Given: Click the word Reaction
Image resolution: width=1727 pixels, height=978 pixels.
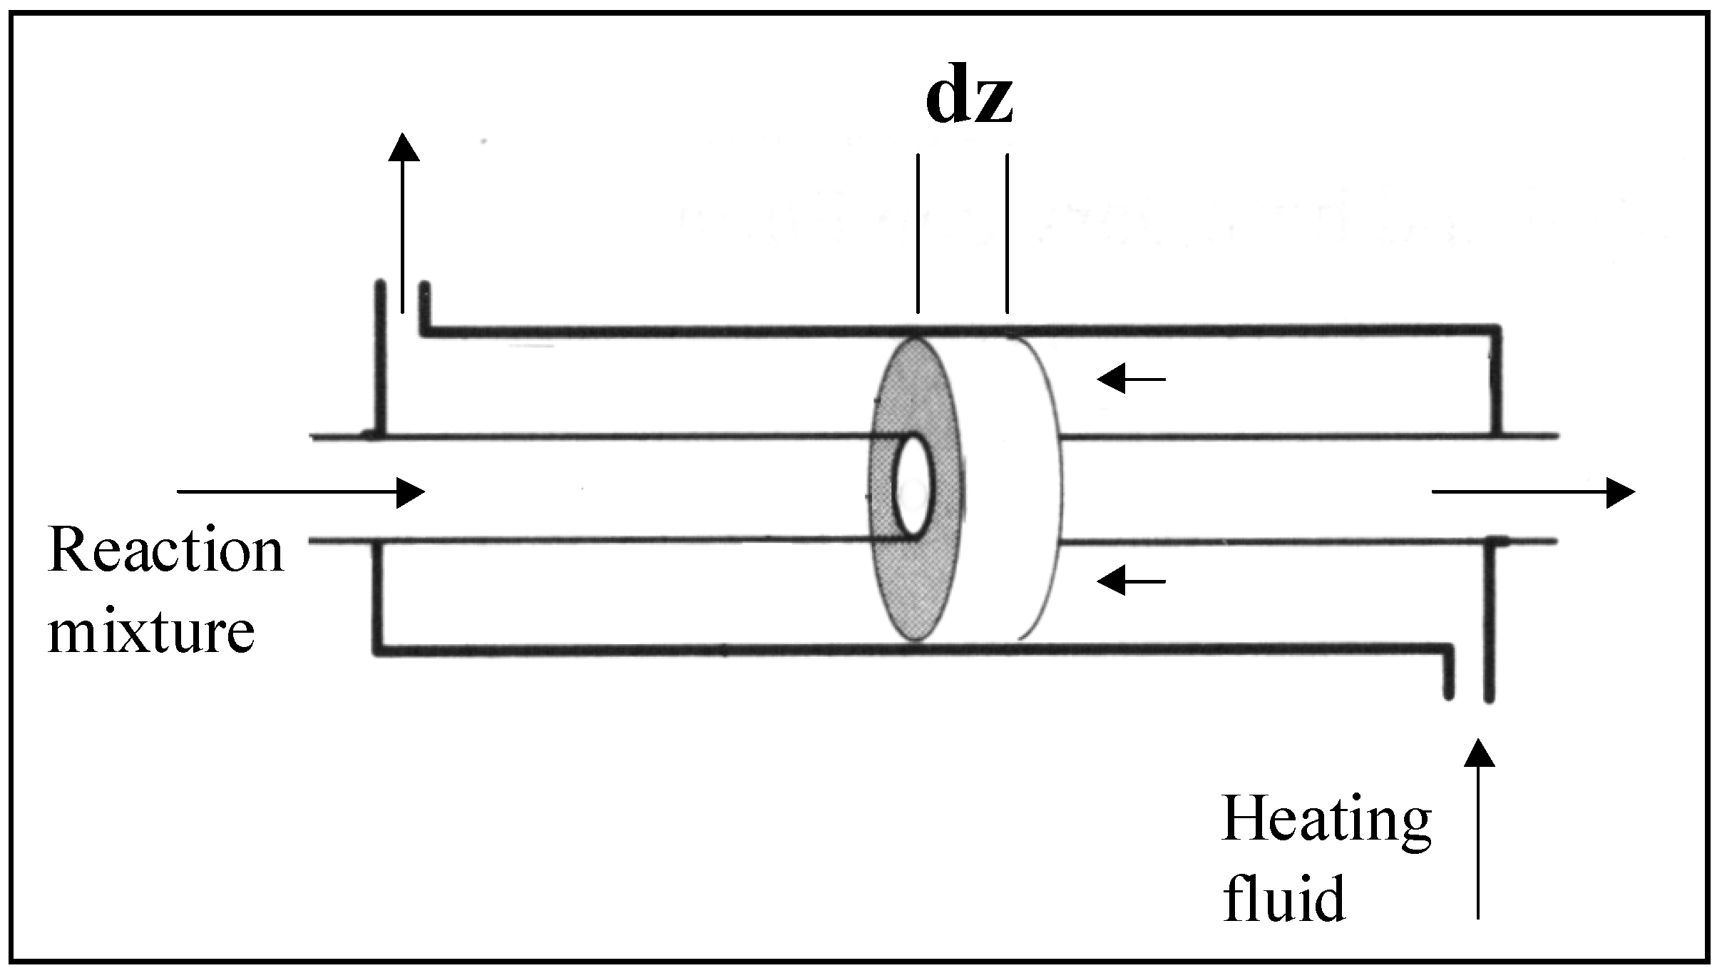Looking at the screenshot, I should (x=165, y=551).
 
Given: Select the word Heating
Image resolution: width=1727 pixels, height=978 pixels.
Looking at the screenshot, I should (x=1326, y=821).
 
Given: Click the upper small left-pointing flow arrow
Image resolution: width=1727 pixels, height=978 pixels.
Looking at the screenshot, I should (x=1131, y=379).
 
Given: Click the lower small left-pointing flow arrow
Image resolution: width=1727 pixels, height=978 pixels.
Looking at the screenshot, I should (x=1131, y=582).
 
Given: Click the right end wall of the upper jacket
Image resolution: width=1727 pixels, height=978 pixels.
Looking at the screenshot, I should (x=1497, y=382).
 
